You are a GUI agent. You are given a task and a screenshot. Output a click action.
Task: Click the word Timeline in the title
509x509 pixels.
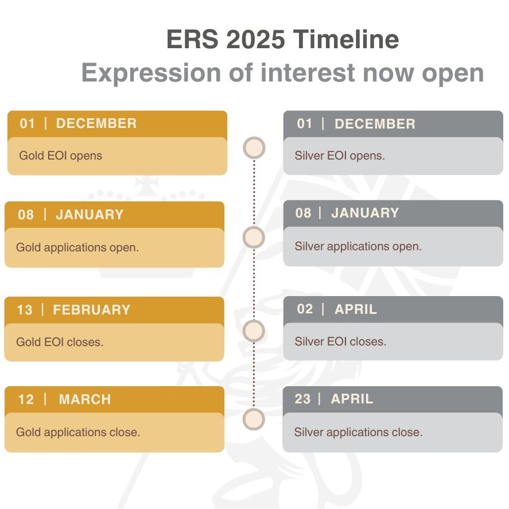pyautogui.click(x=346, y=39)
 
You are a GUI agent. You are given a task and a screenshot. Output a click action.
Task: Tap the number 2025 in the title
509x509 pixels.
pyautogui.click(x=255, y=39)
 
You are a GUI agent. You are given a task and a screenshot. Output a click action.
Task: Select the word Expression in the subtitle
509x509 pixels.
pyautogui.click(x=151, y=73)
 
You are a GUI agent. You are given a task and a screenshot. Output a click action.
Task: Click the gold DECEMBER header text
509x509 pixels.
pyautogui.click(x=96, y=123)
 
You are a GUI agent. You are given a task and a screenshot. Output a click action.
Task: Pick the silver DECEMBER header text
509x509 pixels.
pyautogui.click(x=375, y=124)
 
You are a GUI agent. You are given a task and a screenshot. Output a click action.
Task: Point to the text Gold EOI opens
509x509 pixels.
pyautogui.click(x=61, y=156)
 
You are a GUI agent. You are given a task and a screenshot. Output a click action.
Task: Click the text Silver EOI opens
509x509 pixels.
pyautogui.click(x=340, y=156)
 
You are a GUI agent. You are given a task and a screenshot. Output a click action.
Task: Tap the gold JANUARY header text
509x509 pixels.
pyautogui.click(x=90, y=215)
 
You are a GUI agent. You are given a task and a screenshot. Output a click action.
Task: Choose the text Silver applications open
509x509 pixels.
pyautogui.click(x=358, y=246)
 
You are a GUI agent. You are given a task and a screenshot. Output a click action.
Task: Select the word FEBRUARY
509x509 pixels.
pyautogui.click(x=92, y=310)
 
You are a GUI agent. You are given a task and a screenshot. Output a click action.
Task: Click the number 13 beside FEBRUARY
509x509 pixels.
pyautogui.click(x=25, y=310)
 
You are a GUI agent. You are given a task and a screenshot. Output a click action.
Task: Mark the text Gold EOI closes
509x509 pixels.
pyautogui.click(x=60, y=342)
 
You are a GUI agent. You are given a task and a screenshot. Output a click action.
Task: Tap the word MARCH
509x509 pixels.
pyautogui.click(x=85, y=399)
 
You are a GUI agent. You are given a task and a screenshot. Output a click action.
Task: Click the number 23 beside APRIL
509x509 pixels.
pyautogui.click(x=302, y=399)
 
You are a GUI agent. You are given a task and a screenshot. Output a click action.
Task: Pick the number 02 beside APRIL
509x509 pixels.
pyautogui.click(x=305, y=309)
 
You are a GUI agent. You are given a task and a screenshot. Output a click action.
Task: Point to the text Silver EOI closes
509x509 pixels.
pyautogui.click(x=340, y=341)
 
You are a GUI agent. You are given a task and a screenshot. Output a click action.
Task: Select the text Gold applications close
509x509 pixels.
pyautogui.click(x=78, y=432)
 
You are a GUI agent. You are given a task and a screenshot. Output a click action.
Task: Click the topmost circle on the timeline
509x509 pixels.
pyautogui.click(x=254, y=148)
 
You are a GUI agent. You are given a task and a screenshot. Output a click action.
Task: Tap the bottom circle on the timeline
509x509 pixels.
pyautogui.click(x=254, y=419)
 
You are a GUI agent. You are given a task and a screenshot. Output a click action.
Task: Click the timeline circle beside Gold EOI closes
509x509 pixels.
pyautogui.click(x=254, y=331)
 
